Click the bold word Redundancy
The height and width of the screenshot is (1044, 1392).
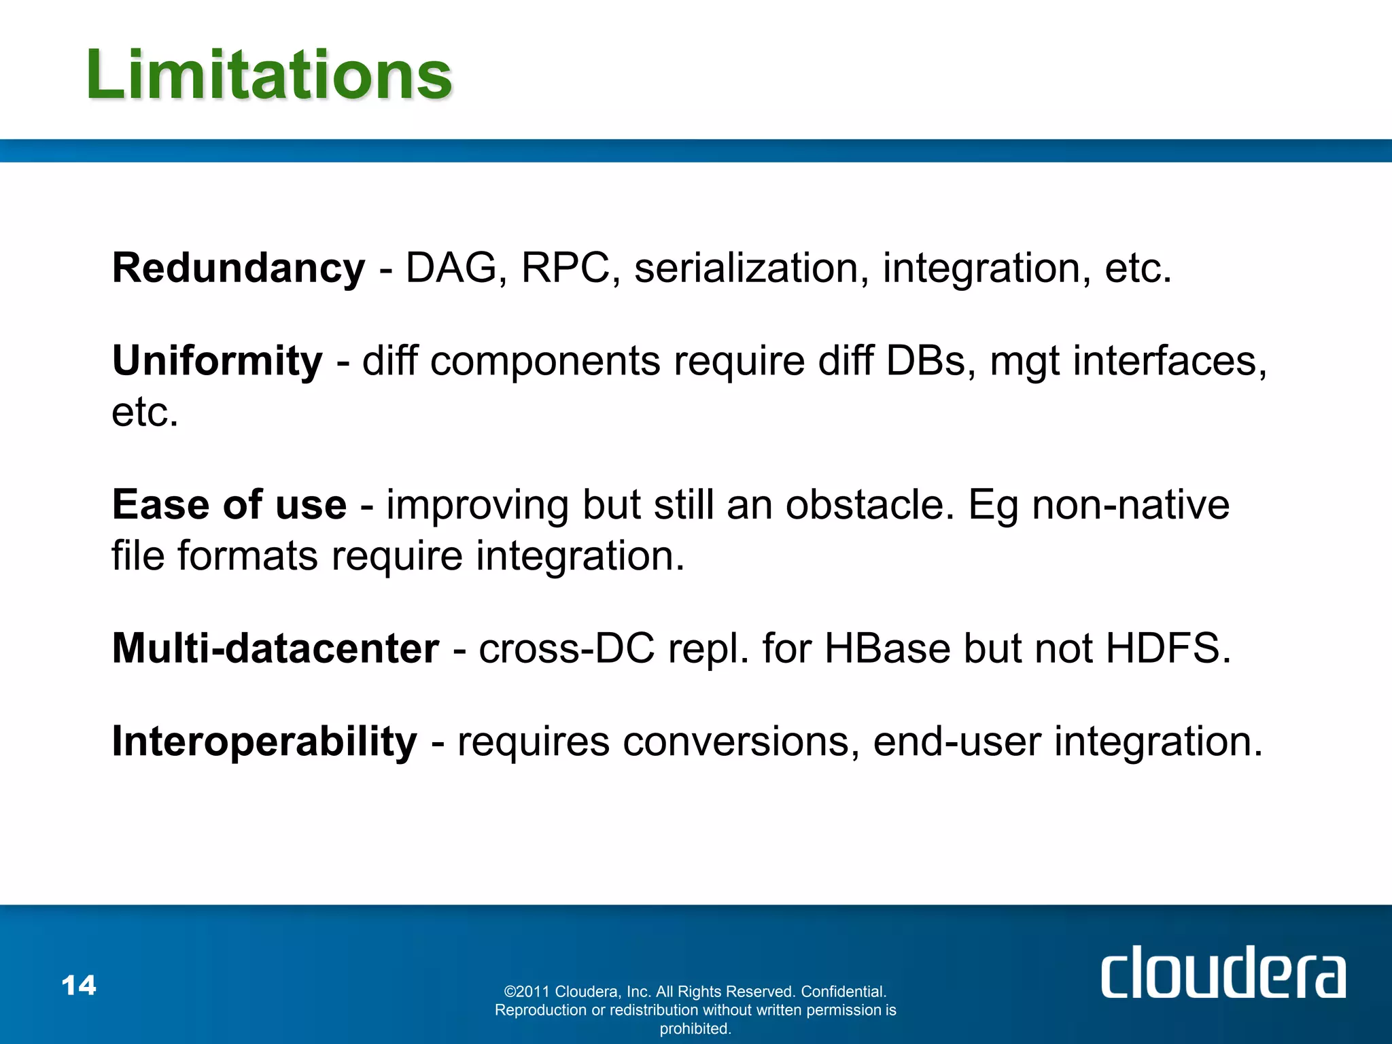pos(239,268)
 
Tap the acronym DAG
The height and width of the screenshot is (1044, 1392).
pos(451,268)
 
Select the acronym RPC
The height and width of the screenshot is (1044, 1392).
pos(565,268)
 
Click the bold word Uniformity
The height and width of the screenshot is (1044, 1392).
pos(217,360)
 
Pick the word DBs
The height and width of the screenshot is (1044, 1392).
pos(926,360)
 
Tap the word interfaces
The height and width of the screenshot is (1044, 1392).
pos(1164,360)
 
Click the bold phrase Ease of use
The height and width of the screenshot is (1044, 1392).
pos(229,505)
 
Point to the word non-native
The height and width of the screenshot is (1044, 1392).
pos(1130,505)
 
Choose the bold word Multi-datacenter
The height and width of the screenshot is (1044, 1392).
pos(275,648)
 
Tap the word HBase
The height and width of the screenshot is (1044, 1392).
pos(887,648)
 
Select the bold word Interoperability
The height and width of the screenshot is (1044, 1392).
pos(264,741)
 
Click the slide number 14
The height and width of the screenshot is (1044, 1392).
pos(79,986)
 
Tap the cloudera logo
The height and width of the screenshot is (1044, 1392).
pos(1222,973)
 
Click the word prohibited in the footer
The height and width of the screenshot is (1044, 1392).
pos(695,1029)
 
